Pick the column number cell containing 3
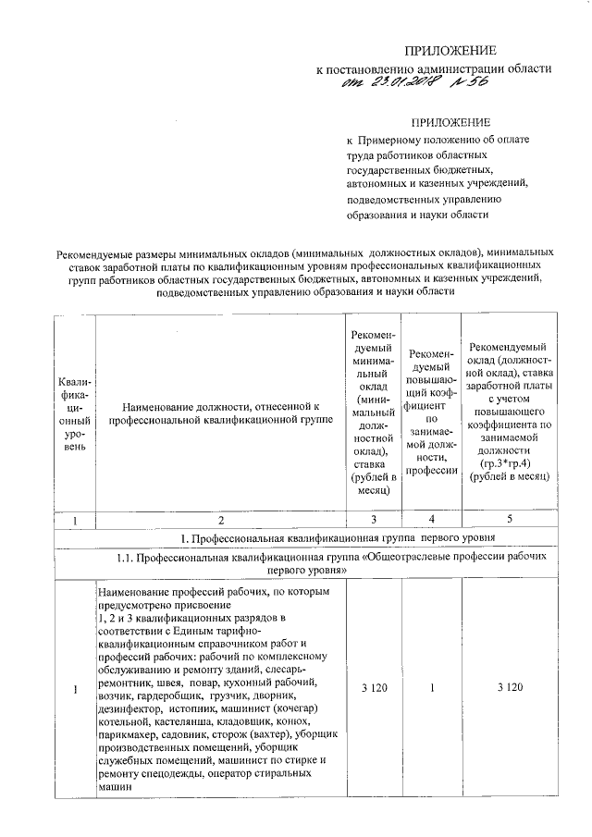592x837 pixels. (x=373, y=519)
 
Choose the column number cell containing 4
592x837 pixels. (x=432, y=519)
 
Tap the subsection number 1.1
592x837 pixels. (x=129, y=559)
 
